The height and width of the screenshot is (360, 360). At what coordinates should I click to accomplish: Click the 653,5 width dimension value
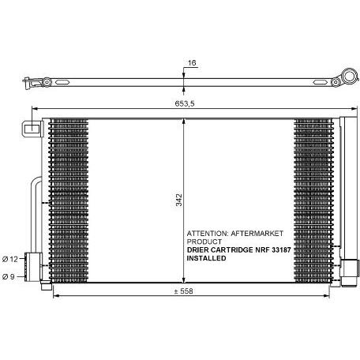(x=185, y=103)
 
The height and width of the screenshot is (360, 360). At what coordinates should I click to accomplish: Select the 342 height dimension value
(x=179, y=200)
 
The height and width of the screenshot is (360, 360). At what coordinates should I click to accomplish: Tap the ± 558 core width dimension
(x=184, y=291)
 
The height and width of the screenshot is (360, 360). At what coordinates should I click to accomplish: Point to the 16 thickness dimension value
(x=192, y=63)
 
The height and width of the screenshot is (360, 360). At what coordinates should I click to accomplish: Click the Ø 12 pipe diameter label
(x=10, y=259)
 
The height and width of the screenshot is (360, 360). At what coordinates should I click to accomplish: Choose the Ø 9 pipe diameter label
(x=8, y=276)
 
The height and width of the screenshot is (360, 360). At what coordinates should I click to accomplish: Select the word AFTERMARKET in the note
(x=257, y=234)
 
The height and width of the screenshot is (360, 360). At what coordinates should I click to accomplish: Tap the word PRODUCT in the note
(x=204, y=242)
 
